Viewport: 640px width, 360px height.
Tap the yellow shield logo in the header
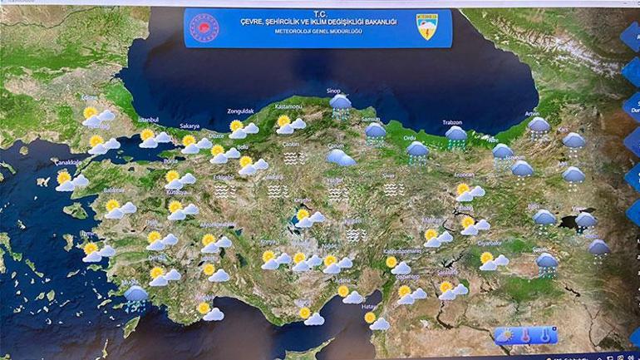[x=428, y=27]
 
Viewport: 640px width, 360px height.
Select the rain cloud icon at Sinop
[x=340, y=103]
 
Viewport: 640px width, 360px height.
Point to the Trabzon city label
[x=452, y=121]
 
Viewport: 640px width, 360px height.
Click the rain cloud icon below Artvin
[x=539, y=126]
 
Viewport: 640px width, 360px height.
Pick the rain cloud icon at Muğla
[x=135, y=295]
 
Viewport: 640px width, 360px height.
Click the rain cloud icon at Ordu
[x=417, y=150]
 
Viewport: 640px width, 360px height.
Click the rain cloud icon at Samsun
[x=375, y=131]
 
